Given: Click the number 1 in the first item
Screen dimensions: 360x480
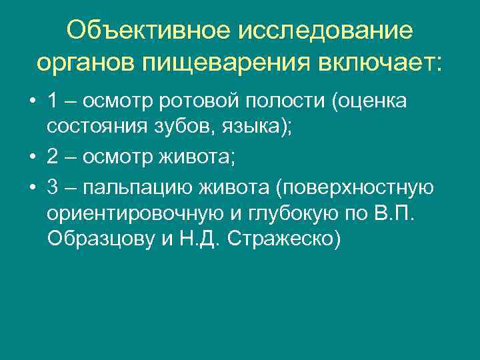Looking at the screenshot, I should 53,102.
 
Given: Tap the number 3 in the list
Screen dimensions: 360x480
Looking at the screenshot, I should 53,189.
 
